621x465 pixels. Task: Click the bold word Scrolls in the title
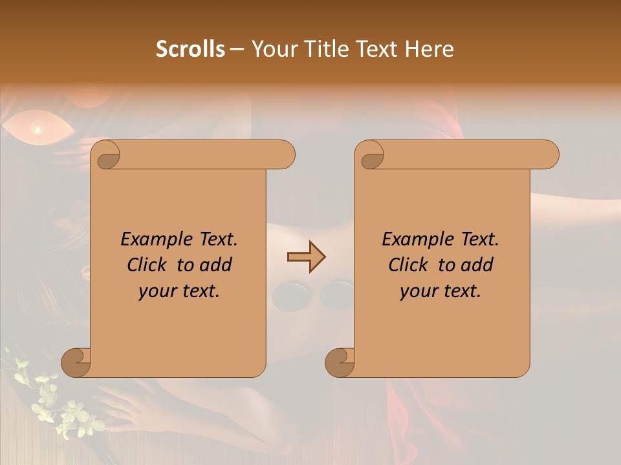190,49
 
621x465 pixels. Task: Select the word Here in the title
430,49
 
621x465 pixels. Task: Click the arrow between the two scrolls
306,257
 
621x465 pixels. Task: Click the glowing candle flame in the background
38,130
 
